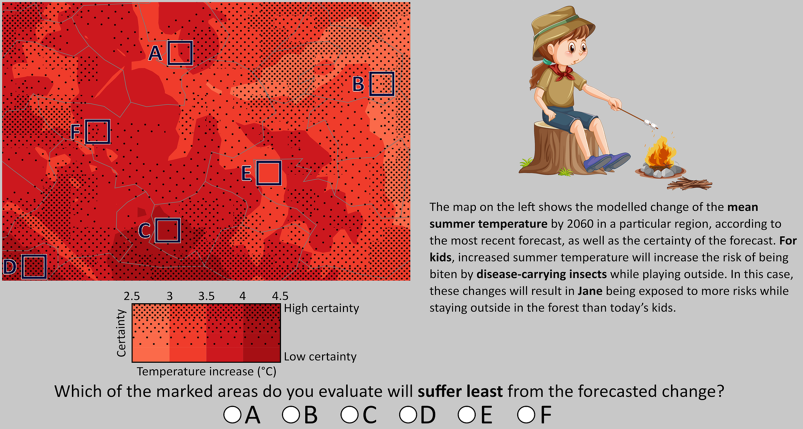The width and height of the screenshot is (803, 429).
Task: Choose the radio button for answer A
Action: [232, 415]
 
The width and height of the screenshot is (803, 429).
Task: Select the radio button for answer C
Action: [349, 415]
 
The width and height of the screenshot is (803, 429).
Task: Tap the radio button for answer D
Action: [408, 415]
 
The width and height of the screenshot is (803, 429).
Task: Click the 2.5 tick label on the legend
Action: [132, 296]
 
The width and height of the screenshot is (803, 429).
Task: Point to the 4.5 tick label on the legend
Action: [280, 296]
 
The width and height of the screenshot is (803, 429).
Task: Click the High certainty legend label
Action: [322, 308]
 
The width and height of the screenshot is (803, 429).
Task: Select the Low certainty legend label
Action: [320, 356]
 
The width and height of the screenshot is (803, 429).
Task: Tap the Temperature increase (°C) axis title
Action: [206, 372]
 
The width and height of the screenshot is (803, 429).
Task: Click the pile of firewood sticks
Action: [689, 184]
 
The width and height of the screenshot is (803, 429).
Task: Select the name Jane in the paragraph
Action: [590, 291]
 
